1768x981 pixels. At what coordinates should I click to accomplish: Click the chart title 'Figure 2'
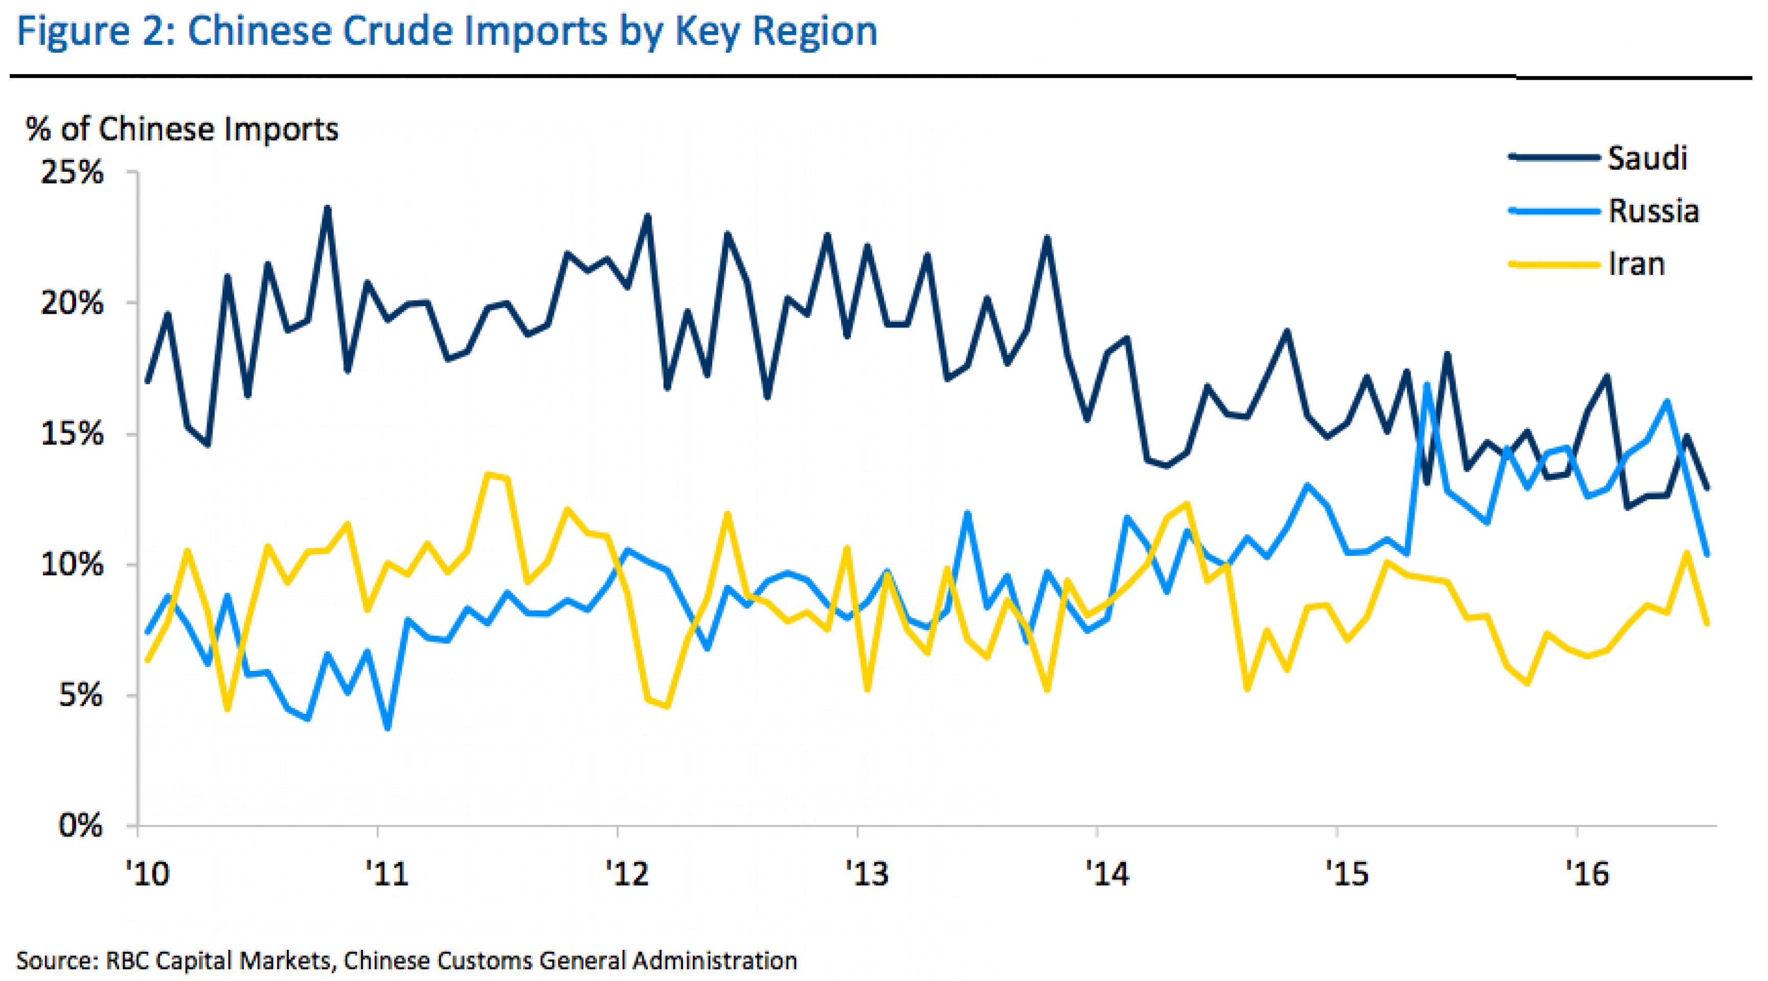pos(446,32)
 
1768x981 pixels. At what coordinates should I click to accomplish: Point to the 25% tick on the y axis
pos(72,172)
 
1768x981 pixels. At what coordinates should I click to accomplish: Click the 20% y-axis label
pos(72,303)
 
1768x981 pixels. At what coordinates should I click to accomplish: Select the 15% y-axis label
pos(72,434)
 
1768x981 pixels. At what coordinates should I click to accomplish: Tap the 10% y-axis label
pos(72,565)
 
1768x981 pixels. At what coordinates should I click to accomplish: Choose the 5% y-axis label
pos(80,695)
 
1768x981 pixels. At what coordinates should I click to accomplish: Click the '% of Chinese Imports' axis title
pos(182,129)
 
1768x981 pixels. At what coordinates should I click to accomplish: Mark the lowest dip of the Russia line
pos(388,729)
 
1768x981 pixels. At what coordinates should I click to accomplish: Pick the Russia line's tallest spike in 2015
pos(1427,384)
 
